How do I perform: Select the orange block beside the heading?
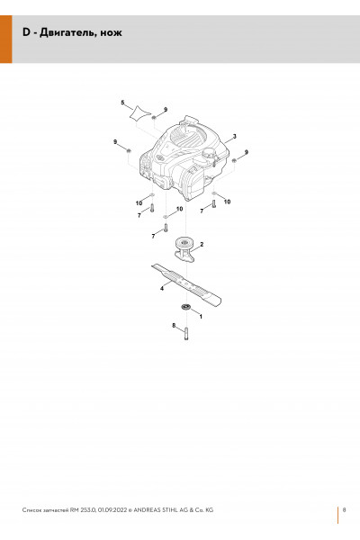pos(6,40)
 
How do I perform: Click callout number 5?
pos(122,103)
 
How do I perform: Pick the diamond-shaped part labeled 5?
pos(140,113)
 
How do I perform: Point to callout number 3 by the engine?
pos(235,137)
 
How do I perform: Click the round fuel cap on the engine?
pos(209,153)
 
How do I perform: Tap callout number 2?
pos(202,244)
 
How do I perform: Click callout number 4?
pos(162,288)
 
